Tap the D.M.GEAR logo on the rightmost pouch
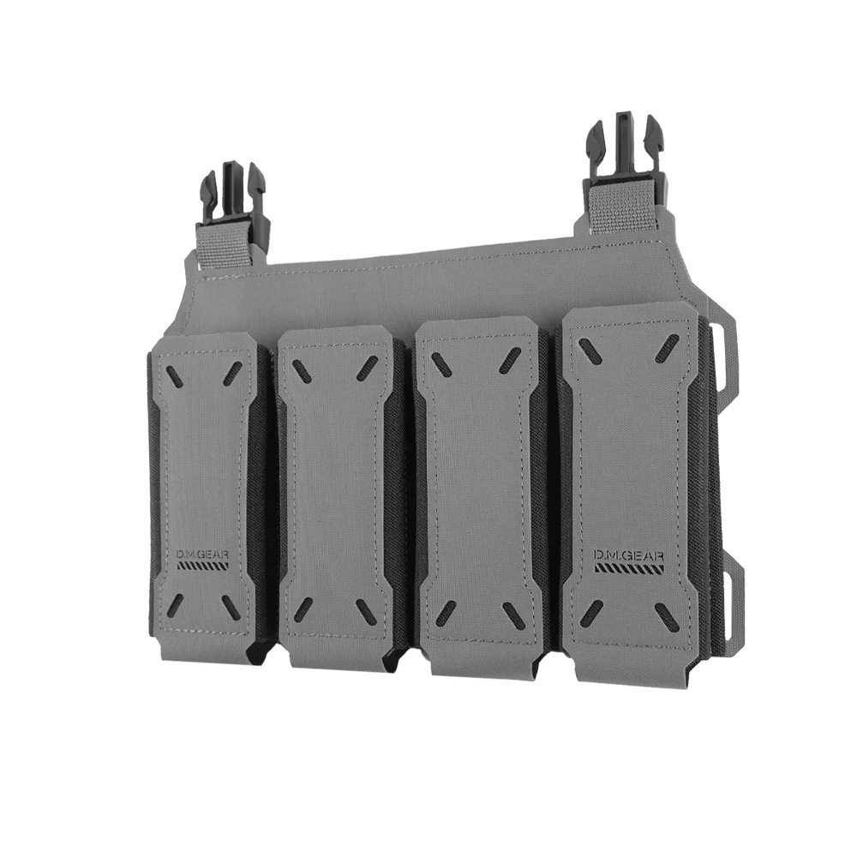(628, 555)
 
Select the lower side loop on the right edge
(729, 604)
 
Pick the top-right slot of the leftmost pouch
(233, 369)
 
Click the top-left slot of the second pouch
(301, 369)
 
